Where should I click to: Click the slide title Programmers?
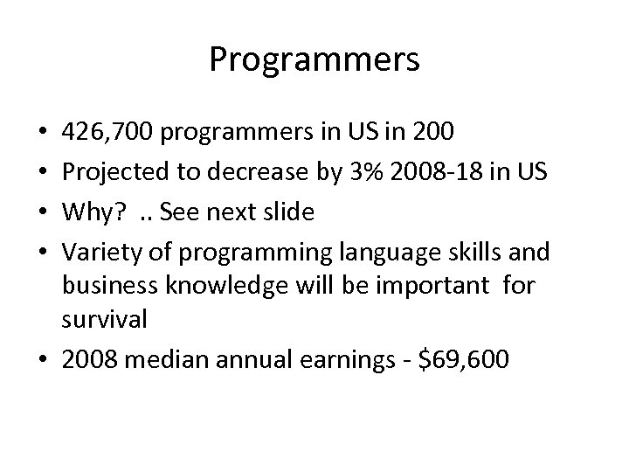[x=314, y=60]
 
